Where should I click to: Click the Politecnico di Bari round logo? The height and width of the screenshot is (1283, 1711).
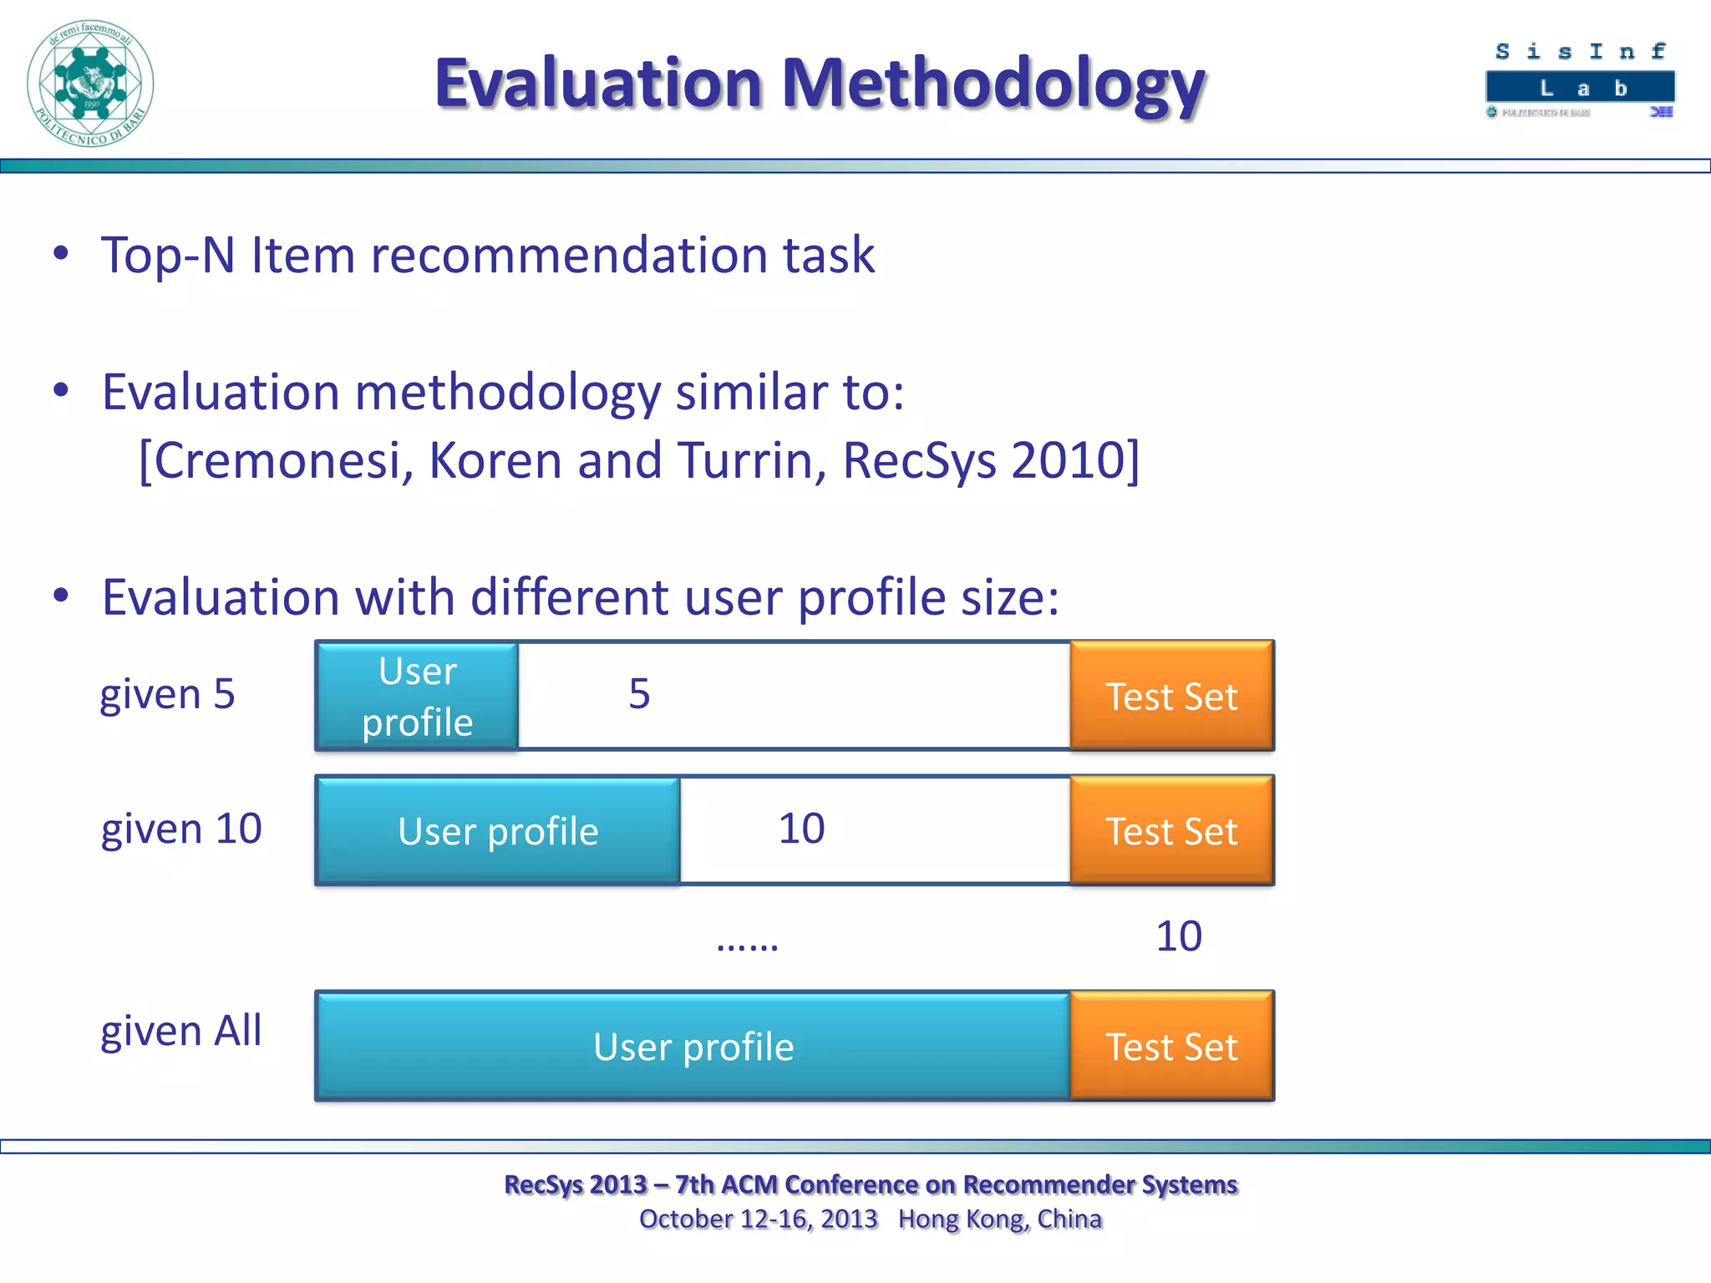(90, 84)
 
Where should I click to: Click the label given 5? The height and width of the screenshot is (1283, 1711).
(167, 694)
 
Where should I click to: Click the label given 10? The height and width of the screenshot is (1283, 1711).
(181, 829)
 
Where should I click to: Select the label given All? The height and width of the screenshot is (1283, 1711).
(181, 1031)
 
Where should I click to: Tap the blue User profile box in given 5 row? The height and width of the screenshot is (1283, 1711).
(417, 696)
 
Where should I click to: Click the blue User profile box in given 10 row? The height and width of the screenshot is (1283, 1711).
(498, 831)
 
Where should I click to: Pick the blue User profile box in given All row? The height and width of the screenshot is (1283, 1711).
(693, 1047)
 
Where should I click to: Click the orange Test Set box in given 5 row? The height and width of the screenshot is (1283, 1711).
(1171, 696)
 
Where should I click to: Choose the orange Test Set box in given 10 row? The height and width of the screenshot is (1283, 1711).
(1171, 831)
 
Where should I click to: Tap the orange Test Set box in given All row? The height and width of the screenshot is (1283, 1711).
(1171, 1047)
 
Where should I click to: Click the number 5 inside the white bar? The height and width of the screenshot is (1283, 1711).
(639, 694)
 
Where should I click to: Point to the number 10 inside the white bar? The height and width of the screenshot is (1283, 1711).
(801, 829)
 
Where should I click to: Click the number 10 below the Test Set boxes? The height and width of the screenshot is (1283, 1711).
(1178, 936)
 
